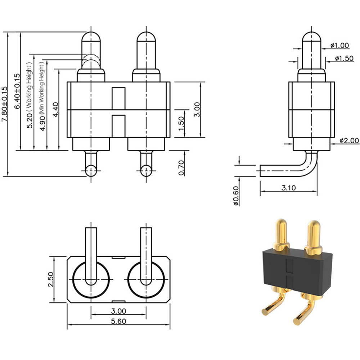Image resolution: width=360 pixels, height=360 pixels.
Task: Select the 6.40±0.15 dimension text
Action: [17, 91]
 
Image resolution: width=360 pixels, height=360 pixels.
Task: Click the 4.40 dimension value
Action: [56, 109]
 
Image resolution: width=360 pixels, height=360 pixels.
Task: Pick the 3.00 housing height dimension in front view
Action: [197, 109]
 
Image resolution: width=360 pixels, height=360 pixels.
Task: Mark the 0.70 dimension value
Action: [181, 168]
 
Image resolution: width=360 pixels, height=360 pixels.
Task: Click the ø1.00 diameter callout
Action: [339, 45]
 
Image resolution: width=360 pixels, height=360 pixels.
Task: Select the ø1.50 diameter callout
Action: [344, 58]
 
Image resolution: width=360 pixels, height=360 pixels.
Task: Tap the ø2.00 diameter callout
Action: [349, 140]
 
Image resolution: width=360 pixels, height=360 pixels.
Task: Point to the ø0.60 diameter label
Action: [236, 195]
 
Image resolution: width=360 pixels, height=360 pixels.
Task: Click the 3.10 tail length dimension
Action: [289, 188]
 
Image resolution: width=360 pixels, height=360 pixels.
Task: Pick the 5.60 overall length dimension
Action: [118, 321]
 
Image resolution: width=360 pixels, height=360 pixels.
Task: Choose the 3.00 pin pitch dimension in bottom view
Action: [118, 311]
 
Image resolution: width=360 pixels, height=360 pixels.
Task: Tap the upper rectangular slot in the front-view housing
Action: [118, 98]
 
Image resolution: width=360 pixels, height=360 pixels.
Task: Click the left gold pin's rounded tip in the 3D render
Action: [280, 223]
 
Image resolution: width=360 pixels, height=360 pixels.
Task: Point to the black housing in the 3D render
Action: [298, 271]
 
